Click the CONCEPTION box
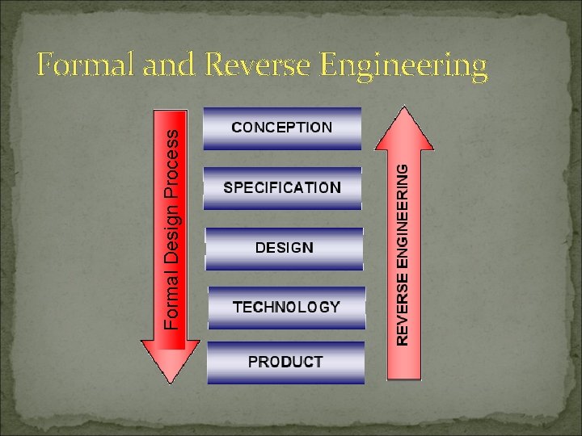pos(282,128)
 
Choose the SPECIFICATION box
pos(282,188)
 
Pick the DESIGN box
pos(285,248)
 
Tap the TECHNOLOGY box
pos(286,308)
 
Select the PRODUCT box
pos(285,363)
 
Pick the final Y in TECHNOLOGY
pos(335,307)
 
